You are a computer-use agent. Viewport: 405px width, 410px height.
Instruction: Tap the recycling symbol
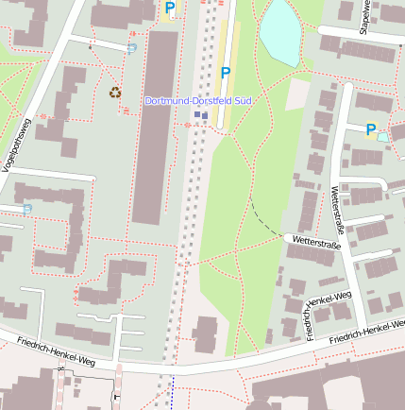pos(115,93)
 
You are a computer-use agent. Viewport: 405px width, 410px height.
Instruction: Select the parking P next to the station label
pos(226,73)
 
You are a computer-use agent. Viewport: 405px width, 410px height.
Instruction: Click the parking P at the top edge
pos(170,8)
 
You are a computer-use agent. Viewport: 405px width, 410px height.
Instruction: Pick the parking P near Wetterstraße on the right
pos(370,129)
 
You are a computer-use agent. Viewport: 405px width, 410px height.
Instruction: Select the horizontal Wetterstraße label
pos(315,243)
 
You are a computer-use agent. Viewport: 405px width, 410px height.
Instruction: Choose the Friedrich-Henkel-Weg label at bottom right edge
pos(368,332)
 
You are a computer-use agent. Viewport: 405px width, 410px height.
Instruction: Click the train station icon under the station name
pos(200,115)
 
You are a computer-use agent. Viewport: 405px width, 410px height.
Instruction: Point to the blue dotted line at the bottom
pos(173,392)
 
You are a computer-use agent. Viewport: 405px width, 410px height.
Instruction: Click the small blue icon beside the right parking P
pos(382,137)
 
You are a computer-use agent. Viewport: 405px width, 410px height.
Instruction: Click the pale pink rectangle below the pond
pos(297,93)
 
